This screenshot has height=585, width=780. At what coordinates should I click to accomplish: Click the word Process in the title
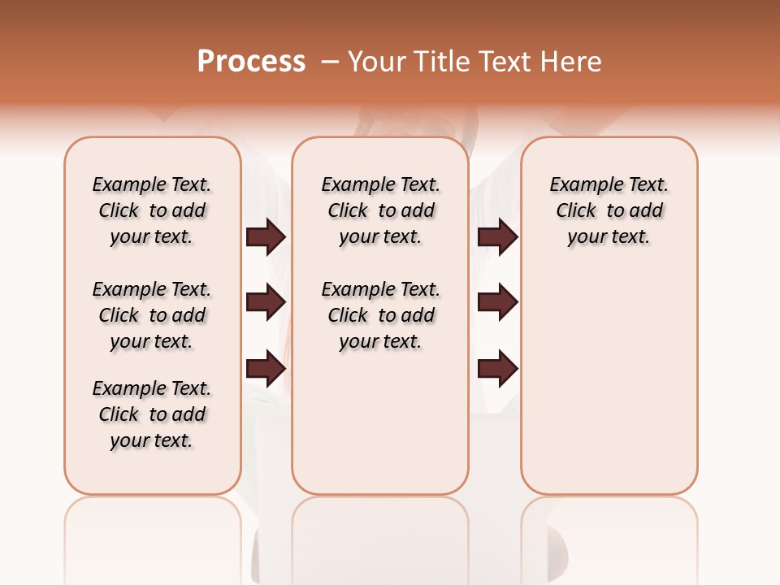(x=251, y=61)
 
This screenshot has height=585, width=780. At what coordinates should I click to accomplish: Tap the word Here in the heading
(x=572, y=62)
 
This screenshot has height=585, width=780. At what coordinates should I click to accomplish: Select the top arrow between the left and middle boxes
(x=266, y=237)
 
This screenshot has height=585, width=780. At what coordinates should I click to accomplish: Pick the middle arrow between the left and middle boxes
(x=266, y=303)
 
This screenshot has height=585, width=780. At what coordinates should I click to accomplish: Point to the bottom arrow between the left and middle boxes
(x=266, y=369)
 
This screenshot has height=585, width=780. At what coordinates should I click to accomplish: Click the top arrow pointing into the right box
(x=497, y=237)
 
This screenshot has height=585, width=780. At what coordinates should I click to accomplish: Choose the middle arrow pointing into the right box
(x=497, y=303)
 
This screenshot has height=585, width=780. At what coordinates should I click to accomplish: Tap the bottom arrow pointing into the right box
(x=497, y=369)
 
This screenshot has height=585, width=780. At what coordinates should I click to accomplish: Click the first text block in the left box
(x=152, y=210)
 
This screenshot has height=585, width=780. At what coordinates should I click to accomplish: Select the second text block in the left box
(x=152, y=315)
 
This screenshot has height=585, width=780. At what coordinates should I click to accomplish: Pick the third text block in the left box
(x=152, y=414)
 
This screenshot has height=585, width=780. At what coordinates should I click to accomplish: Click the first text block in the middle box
(x=380, y=210)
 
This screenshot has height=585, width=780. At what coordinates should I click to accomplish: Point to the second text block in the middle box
(x=380, y=315)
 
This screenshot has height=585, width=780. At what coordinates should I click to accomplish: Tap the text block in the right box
(x=609, y=210)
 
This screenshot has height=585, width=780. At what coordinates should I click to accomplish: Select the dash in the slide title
(x=330, y=62)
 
